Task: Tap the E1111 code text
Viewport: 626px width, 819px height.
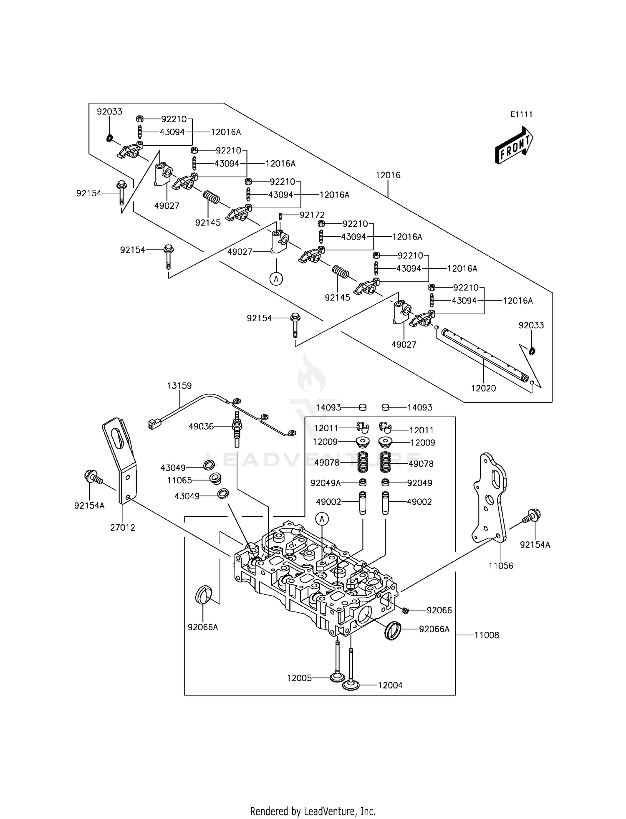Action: [521, 114]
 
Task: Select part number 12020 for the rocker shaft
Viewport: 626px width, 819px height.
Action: [483, 388]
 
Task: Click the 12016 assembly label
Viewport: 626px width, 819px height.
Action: [388, 175]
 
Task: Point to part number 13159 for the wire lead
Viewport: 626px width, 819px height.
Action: [179, 386]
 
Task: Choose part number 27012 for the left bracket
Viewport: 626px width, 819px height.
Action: [123, 528]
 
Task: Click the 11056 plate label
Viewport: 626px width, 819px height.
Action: [501, 566]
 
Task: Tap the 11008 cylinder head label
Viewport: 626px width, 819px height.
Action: [487, 635]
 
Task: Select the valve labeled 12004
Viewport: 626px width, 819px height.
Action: [351, 685]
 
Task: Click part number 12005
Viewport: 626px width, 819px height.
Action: [299, 678]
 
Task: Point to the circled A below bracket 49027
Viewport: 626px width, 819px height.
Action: [276, 278]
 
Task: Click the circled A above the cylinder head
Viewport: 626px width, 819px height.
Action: [322, 519]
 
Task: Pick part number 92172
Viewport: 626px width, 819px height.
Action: [312, 215]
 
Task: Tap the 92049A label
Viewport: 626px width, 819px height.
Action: [326, 483]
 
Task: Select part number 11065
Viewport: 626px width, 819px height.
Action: [179, 480]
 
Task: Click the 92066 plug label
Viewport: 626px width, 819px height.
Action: [439, 610]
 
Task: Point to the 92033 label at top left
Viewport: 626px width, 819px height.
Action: [109, 112]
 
